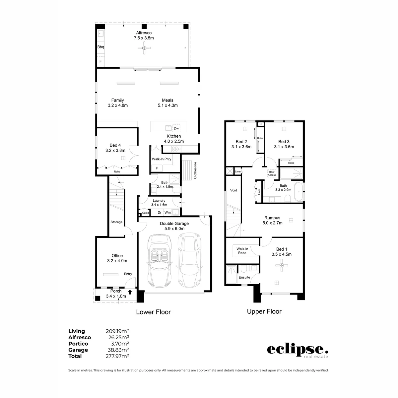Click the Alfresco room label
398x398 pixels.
pos(144,33)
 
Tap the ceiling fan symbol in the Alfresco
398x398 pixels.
pos(144,48)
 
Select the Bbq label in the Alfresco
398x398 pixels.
pos(100,47)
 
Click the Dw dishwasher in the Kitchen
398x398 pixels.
pos(176,128)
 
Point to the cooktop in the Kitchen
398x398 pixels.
pos(176,149)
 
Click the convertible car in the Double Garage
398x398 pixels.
pos(159,260)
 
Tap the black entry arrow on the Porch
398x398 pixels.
pos(130,292)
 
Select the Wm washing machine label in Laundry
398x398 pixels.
pos(167,212)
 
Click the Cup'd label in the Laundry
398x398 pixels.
pos(145,213)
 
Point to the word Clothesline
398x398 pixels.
pos(195,170)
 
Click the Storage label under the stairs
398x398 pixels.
pos(116,222)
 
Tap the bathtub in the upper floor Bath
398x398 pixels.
pos(298,191)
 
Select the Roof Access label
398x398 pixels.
pos(272,173)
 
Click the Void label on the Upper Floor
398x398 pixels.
pos(233,190)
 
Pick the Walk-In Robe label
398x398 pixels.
pos(242,251)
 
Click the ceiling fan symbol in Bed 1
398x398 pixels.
pos(282,265)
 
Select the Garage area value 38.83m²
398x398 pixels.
pos(118,350)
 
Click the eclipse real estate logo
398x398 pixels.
pos(298,351)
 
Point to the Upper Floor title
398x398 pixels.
pos(264,311)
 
